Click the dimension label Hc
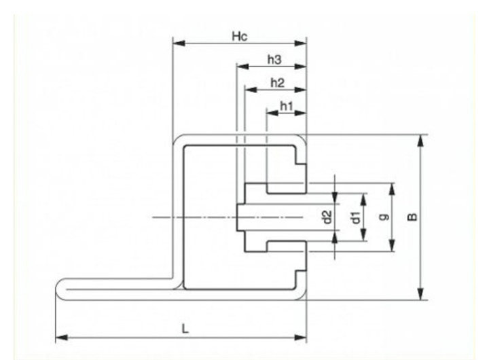click(x=238, y=36)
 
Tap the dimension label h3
click(x=274, y=60)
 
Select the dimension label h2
click(x=276, y=83)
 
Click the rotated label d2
click(x=327, y=217)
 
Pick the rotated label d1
click(x=355, y=217)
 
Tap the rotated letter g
click(x=384, y=217)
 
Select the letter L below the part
click(x=185, y=328)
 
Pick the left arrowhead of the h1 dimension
click(x=271, y=113)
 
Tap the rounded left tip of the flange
click(x=58, y=288)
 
